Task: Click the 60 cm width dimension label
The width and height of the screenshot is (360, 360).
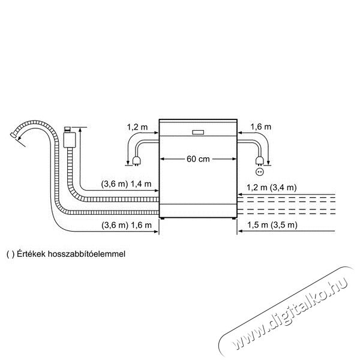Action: click(198, 159)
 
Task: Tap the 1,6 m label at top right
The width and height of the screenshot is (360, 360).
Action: click(260, 127)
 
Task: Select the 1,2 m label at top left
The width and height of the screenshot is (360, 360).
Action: click(137, 127)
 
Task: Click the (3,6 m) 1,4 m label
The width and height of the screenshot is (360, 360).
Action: click(126, 184)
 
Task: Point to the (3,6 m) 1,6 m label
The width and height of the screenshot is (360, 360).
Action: click(127, 225)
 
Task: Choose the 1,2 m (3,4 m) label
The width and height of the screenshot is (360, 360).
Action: click(272, 188)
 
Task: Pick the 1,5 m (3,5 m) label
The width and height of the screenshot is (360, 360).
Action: click(272, 225)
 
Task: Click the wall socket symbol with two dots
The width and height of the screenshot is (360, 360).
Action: click(260, 172)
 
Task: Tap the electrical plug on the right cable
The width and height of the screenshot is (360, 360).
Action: click(259, 160)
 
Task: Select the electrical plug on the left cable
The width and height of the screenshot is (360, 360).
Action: click(136, 161)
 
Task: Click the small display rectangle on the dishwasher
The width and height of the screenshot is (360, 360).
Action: click(198, 132)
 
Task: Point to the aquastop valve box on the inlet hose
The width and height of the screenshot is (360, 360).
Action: click(69, 140)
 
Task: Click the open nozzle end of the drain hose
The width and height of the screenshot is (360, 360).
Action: click(14, 135)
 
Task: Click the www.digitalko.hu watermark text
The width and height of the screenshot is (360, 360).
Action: click(287, 313)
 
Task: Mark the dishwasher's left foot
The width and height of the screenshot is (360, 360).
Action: click(163, 218)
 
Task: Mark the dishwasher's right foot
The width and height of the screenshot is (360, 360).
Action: click(234, 218)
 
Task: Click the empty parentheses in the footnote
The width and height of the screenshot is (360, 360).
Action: click(11, 254)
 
